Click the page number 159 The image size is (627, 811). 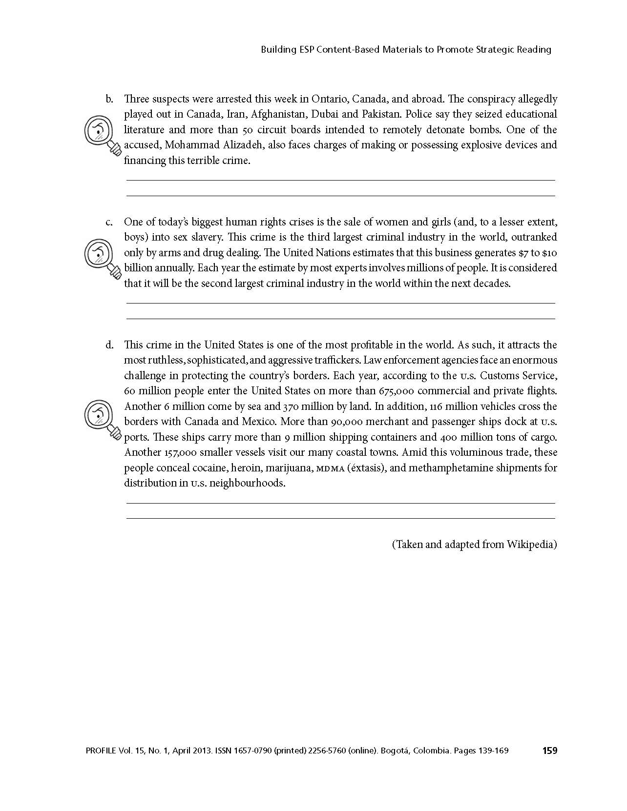[x=549, y=750]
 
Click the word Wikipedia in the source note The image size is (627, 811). [x=531, y=544]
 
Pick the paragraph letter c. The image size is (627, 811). [x=109, y=222]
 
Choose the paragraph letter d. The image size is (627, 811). [x=109, y=345]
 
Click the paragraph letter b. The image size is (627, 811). [x=109, y=99]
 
